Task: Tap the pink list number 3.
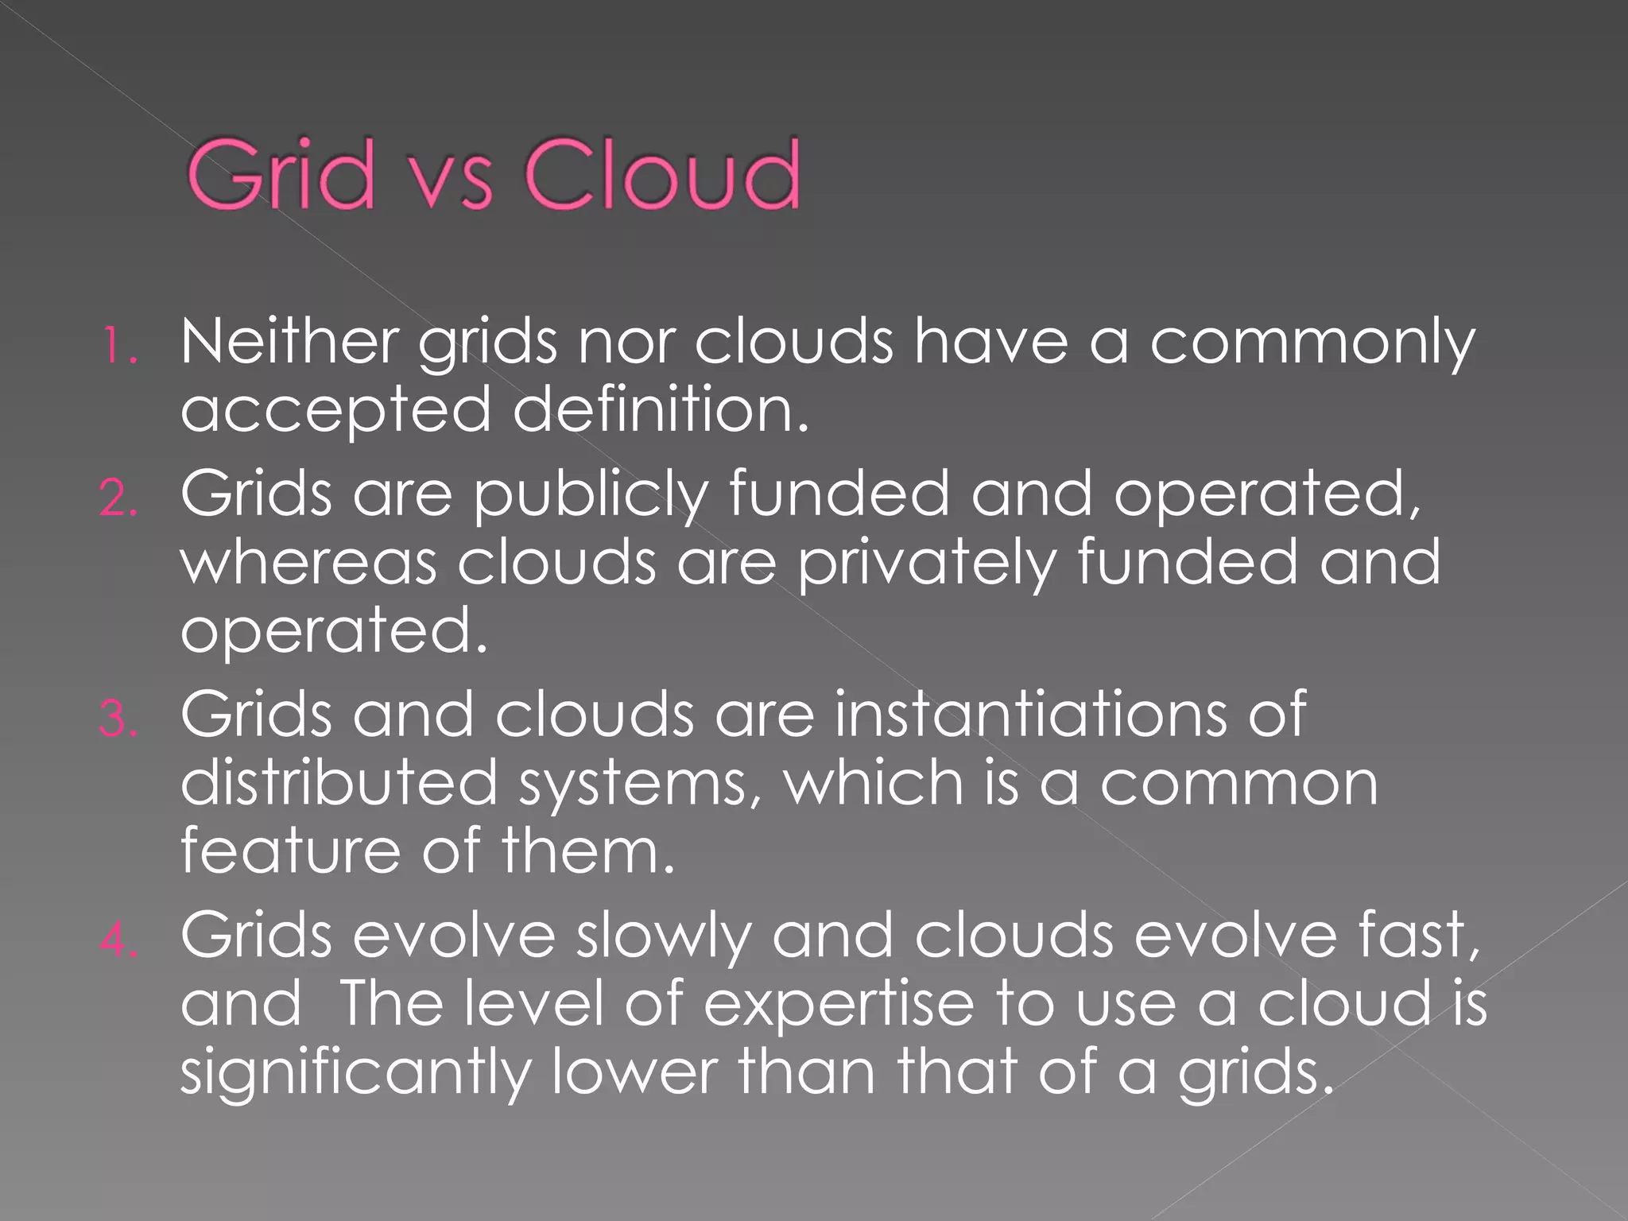(119, 719)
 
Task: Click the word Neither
(289, 342)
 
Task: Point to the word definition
(660, 410)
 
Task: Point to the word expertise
(839, 1005)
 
